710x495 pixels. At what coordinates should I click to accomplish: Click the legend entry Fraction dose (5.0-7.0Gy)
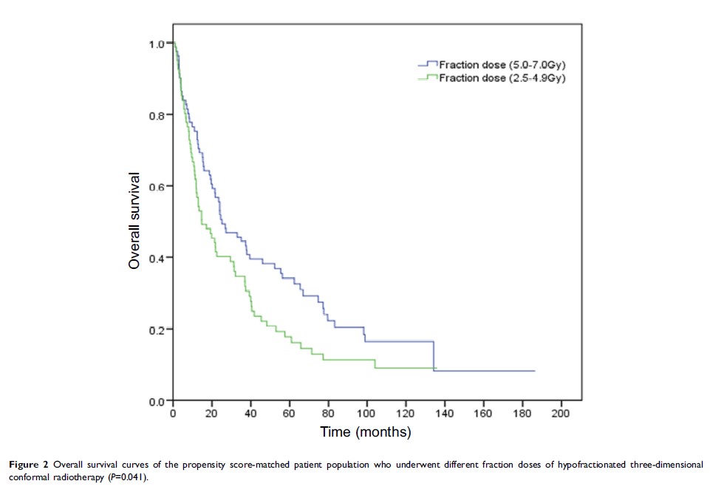pos(502,64)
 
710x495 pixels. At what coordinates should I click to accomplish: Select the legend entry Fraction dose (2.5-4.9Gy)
pos(502,78)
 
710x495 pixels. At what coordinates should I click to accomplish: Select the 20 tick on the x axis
pos(211,413)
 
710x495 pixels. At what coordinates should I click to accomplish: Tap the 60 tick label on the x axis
pos(289,413)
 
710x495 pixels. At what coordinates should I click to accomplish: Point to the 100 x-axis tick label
pos(366,413)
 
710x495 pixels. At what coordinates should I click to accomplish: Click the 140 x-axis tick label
pos(444,413)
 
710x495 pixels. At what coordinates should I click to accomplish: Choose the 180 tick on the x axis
pos(522,413)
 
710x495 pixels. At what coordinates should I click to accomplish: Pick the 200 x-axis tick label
pos(561,413)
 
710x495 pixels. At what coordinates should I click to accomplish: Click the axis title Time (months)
pos(365,431)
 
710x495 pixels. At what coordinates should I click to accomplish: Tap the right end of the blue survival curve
pos(534,371)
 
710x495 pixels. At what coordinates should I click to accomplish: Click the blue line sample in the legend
pos(429,64)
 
